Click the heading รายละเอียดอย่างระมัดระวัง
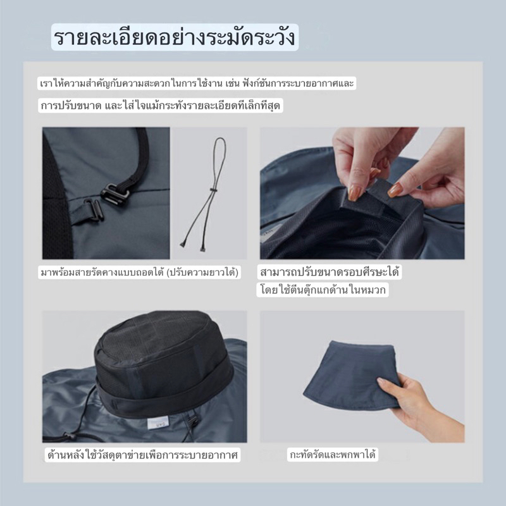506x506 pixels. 175,37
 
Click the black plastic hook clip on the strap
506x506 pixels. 114,194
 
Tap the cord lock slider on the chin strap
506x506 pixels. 213,190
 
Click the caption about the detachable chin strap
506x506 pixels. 139,273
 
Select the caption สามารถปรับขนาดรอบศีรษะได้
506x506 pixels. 329,272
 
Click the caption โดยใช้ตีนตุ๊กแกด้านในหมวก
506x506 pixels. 323,290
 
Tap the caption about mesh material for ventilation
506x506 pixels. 142,455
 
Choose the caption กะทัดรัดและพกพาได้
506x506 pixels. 333,455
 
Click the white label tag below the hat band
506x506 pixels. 157,423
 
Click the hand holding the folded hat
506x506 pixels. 419,407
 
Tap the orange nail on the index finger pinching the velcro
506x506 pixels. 354,193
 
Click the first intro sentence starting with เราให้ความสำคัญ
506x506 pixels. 197,83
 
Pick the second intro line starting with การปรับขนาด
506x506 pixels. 161,106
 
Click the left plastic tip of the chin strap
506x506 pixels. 182,244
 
